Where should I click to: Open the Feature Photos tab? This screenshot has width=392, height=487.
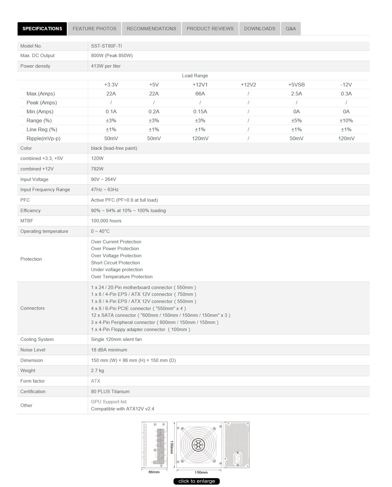tap(94, 29)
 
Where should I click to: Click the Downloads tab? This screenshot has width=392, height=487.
tap(259, 29)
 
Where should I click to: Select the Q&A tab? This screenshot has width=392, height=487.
tap(291, 29)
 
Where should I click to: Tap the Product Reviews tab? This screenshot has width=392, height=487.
tap(210, 29)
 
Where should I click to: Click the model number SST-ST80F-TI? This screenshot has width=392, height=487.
tap(106, 46)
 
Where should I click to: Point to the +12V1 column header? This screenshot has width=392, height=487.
tap(200, 85)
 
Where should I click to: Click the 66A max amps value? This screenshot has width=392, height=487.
tap(200, 94)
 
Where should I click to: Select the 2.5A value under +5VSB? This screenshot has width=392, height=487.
tap(296, 94)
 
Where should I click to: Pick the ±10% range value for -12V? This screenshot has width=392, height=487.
tap(346, 120)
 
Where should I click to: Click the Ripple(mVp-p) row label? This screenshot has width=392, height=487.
tap(43, 138)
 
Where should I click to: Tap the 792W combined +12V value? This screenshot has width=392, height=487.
tap(97, 169)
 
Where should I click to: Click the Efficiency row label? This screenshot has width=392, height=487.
tap(30, 211)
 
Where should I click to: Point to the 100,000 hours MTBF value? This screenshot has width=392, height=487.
tap(106, 221)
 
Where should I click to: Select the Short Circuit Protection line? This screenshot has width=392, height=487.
tap(115, 263)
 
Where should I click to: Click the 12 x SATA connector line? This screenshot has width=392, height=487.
tap(160, 315)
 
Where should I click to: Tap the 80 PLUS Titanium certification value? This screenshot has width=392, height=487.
tap(110, 392)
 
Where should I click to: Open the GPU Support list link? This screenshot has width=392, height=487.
tap(109, 402)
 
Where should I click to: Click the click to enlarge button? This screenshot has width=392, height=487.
tap(197, 481)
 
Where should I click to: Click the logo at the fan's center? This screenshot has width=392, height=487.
tap(198, 445)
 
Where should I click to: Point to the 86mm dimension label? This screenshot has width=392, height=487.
tap(154, 472)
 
